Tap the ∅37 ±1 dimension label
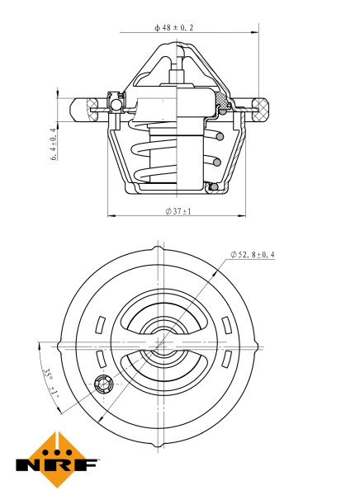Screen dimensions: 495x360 pos(179,211)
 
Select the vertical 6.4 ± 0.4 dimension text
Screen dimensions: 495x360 pos(54,143)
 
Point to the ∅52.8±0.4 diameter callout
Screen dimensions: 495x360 pos(253,254)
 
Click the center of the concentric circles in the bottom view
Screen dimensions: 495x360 pos(157,342)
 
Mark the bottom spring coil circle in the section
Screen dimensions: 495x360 pos(213,186)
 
